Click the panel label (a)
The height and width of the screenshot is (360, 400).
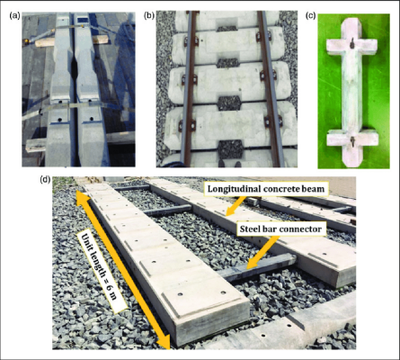point(15,15)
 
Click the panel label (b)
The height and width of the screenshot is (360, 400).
point(149,15)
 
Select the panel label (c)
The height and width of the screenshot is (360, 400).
point(310,15)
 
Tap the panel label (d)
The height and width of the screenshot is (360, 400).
point(45,179)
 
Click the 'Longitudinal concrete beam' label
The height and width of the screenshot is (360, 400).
point(266,189)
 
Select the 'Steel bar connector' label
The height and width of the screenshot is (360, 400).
point(280,229)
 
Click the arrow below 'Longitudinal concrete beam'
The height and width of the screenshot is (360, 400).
point(236,206)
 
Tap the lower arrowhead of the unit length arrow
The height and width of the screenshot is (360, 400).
point(164,342)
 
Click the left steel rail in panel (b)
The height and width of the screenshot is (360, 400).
point(190,89)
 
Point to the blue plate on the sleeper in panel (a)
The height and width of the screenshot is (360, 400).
point(82,20)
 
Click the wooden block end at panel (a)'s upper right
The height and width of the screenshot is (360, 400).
point(102,40)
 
